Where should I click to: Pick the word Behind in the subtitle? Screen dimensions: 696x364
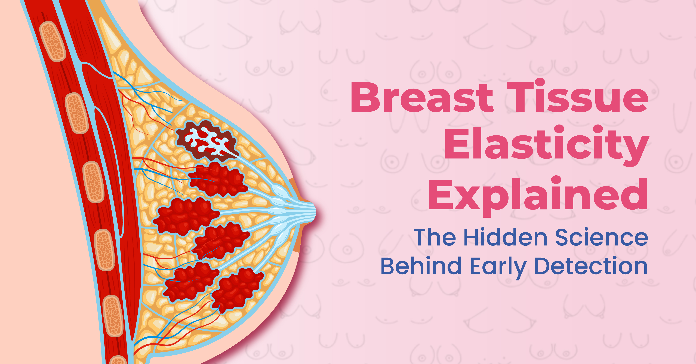421,266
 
